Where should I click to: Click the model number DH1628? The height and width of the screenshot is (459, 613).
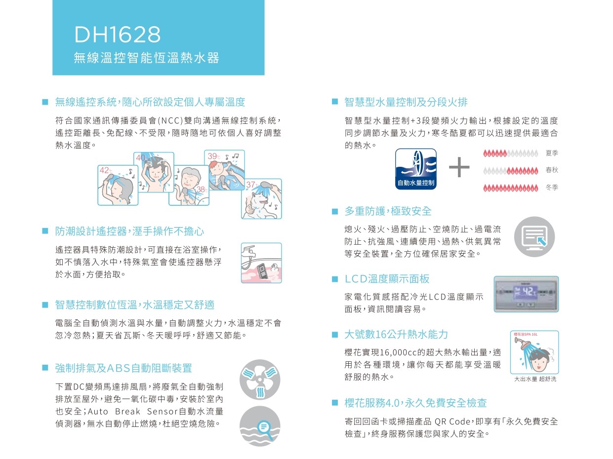[117, 35]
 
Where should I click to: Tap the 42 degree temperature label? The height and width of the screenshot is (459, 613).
[105, 170]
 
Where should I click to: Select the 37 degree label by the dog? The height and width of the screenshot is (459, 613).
[251, 185]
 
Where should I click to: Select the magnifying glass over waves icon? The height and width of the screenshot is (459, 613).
[259, 426]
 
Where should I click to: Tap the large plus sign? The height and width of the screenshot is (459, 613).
[459, 168]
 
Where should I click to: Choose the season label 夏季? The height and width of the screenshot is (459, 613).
[552, 154]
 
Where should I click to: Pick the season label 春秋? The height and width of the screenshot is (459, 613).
[552, 170]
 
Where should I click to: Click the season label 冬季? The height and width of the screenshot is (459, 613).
[552, 188]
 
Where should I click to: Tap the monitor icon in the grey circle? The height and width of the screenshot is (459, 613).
[534, 237]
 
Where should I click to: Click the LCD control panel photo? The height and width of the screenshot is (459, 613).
[526, 294]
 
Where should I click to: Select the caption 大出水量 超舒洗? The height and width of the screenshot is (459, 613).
[534, 379]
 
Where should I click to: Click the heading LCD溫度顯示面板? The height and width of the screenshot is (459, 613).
[387, 279]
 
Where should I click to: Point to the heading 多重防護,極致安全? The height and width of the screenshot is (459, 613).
[388, 211]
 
